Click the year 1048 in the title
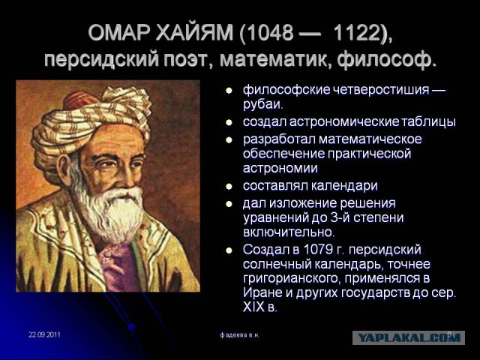click(x=269, y=33)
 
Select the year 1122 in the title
click(x=357, y=33)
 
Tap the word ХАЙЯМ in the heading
click(x=194, y=33)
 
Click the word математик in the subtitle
click(x=276, y=59)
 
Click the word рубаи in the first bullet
click(x=262, y=104)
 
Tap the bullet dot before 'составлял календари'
click(x=229, y=187)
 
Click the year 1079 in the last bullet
click(x=318, y=250)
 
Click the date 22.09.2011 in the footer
click(x=45, y=334)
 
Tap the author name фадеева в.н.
click(x=240, y=335)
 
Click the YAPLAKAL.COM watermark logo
click(x=409, y=338)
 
